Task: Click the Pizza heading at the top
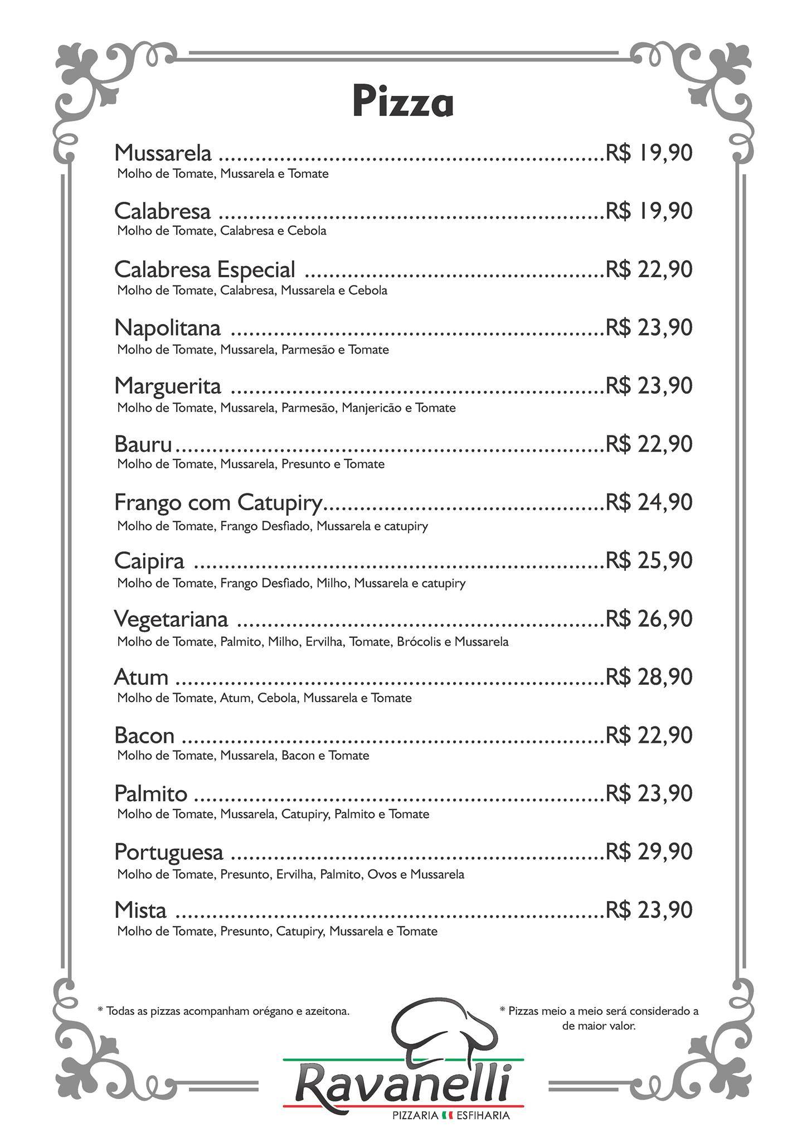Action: [x=403, y=101]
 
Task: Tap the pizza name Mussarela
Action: [x=163, y=152]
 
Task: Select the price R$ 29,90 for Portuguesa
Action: [x=649, y=851]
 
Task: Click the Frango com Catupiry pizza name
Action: [x=218, y=502]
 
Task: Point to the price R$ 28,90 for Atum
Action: [x=649, y=677]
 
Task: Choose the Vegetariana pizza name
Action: [x=171, y=619]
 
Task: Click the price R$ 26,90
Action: [x=649, y=618]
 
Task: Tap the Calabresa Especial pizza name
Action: [x=205, y=269]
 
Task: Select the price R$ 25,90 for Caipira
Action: [x=649, y=560]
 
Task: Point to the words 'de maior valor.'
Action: [x=599, y=1025]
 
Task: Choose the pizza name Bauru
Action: [x=143, y=444]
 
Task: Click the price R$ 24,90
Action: [x=649, y=502]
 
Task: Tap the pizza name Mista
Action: [x=140, y=910]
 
